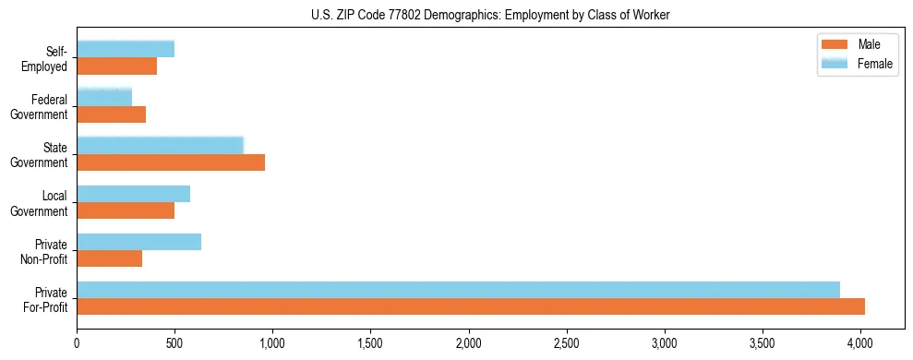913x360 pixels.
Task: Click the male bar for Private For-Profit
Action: [471, 306]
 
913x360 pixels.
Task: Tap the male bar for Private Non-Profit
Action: [109, 258]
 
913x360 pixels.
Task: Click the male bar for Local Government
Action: [126, 210]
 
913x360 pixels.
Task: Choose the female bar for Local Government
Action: [133, 194]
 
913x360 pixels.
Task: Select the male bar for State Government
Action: [171, 162]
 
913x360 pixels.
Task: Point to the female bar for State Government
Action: [160, 146]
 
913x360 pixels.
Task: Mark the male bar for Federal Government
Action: [111, 114]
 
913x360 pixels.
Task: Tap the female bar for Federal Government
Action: [104, 98]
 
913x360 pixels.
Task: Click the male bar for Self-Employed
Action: [116, 66]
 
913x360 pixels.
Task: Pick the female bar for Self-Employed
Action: [126, 50]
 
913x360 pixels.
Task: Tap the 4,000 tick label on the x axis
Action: [860, 343]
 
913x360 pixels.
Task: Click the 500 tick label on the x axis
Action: [174, 343]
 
